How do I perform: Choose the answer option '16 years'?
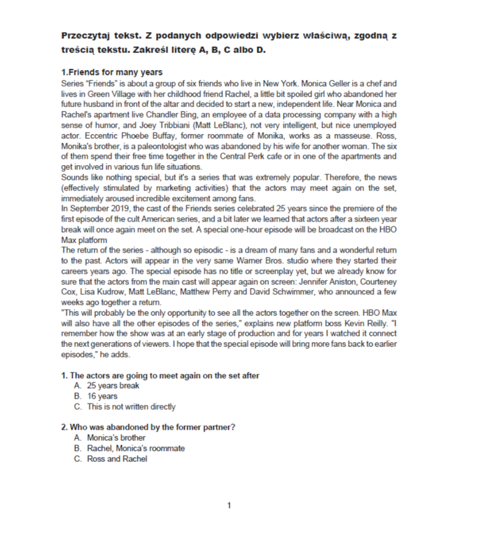(102, 396)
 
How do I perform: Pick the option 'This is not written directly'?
(131, 407)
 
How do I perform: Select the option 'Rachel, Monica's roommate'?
(136, 448)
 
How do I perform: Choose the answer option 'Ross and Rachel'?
(117, 459)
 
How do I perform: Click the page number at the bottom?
(229, 505)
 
